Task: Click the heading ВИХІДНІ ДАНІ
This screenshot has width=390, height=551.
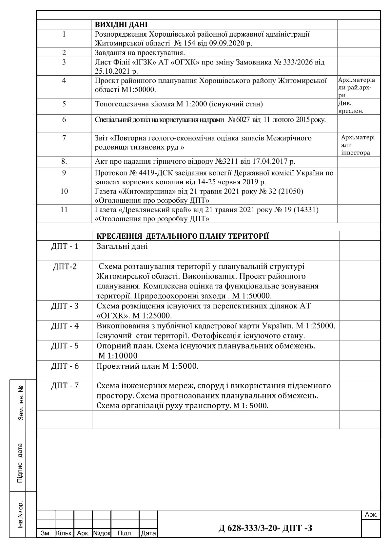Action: pyautogui.click(x=121, y=25)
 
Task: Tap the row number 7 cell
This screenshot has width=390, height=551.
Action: pyautogui.click(x=64, y=138)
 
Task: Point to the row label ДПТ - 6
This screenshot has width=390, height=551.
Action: pyautogui.click(x=65, y=366)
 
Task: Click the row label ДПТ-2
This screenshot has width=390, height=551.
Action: pyautogui.click(x=65, y=266)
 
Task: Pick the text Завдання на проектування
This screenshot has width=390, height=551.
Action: pyautogui.click(x=140, y=53)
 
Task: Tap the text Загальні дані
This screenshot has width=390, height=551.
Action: pyautogui.click(x=122, y=246)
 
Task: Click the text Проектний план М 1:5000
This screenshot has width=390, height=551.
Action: pyautogui.click(x=147, y=366)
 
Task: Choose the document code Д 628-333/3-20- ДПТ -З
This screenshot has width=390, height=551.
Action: pyautogui.click(x=265, y=528)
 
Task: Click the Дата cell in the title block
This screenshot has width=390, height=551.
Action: pyautogui.click(x=148, y=533)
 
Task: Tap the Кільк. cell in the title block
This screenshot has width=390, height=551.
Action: pyautogui.click(x=64, y=533)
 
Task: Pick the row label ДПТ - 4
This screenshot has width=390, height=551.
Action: pyautogui.click(x=65, y=326)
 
